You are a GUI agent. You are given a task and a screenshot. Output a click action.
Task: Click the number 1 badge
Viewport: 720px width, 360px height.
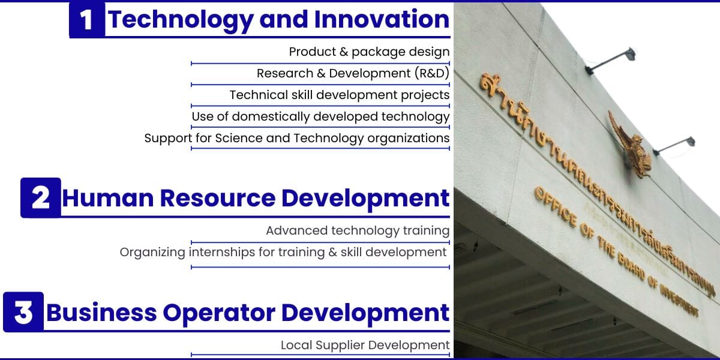click(87, 20)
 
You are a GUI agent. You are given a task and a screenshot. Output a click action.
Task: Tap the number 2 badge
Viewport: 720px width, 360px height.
click(41, 197)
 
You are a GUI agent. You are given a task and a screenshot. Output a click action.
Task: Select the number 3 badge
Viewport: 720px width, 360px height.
click(23, 312)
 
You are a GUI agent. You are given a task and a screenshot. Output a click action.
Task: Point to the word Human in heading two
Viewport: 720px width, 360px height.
click(107, 198)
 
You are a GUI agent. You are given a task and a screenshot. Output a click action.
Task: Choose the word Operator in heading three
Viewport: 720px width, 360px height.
click(219, 313)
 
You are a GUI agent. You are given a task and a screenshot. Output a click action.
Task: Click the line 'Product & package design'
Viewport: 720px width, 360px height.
click(369, 52)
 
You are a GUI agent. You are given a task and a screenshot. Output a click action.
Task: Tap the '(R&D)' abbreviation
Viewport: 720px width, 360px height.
click(431, 73)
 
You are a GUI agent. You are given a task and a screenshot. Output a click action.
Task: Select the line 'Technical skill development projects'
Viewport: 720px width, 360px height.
click(340, 95)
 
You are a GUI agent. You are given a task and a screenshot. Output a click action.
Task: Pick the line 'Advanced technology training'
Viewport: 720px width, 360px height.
click(358, 230)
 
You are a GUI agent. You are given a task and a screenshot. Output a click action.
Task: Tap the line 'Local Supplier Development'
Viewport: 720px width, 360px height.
click(365, 345)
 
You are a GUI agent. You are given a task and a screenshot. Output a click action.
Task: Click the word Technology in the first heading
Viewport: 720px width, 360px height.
click(181, 20)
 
